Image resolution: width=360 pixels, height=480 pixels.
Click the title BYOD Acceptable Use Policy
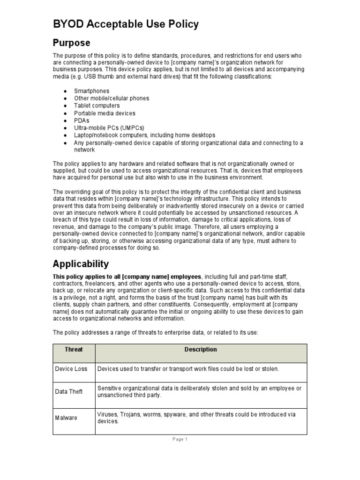pyautogui.click(x=126, y=24)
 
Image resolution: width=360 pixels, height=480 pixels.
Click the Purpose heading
pyautogui.click(x=71, y=43)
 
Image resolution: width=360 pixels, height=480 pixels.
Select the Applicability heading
pyautogui.click(x=81, y=263)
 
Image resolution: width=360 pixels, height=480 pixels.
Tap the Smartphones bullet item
pyautogui.click(x=91, y=91)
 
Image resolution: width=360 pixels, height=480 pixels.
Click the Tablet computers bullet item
pyautogui.click(x=97, y=106)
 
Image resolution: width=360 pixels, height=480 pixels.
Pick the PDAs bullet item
pyautogui.click(x=82, y=120)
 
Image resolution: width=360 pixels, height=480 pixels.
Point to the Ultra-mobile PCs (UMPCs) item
pyautogui.click(x=109, y=128)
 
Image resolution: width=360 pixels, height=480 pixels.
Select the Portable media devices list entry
pyautogui.click(x=105, y=113)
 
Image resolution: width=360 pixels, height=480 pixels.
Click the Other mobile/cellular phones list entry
pyautogui.click(x=112, y=98)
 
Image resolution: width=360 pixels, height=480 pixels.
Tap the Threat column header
pyautogui.click(x=74, y=350)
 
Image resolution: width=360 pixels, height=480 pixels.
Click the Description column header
pyautogui.click(x=201, y=350)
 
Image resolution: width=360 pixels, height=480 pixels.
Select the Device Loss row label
pyautogui.click(x=71, y=369)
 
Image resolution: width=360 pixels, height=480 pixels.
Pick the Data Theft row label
pyautogui.click(x=69, y=391)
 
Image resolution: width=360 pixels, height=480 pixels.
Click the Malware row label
pyautogui.click(x=66, y=418)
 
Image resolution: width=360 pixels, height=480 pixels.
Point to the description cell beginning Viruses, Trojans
pyautogui.click(x=195, y=418)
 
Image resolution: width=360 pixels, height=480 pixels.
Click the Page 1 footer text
pyautogui.click(x=180, y=440)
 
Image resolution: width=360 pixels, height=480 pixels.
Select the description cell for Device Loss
pyautogui.click(x=188, y=369)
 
